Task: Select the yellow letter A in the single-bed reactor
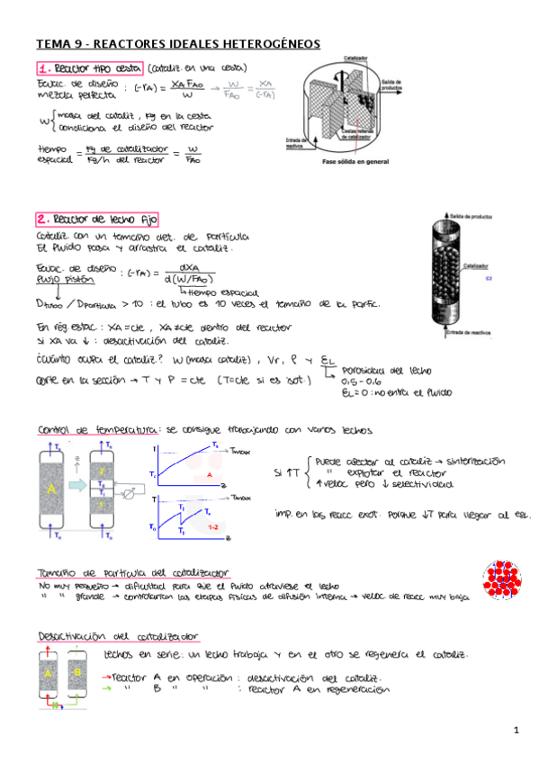[x=53, y=489]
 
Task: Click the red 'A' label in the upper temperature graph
[x=209, y=473]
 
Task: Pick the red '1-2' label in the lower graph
[x=213, y=525]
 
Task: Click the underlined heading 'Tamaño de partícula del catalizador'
[x=133, y=572]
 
